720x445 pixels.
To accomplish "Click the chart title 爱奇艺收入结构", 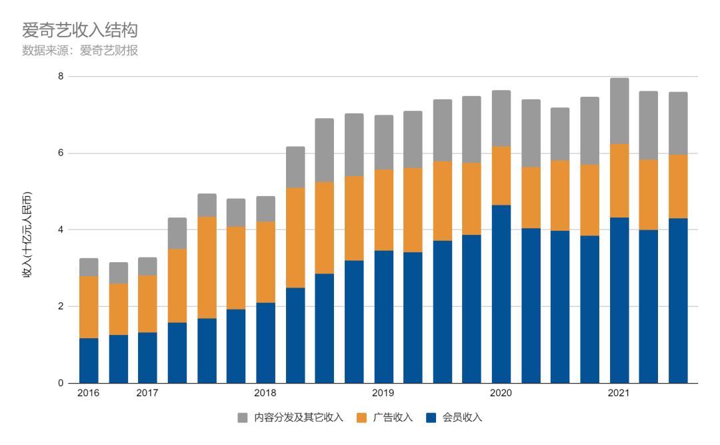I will (x=80, y=31).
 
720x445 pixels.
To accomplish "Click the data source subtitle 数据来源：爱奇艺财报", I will (x=80, y=50).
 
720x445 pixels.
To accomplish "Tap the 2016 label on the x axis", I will (x=89, y=393).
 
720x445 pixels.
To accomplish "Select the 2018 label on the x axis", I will (x=265, y=393).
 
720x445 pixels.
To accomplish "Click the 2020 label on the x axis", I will (x=501, y=393).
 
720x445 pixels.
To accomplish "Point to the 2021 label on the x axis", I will (x=619, y=393).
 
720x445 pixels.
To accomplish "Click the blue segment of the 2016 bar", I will (x=89, y=361).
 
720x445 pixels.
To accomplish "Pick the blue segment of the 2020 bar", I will (x=501, y=294).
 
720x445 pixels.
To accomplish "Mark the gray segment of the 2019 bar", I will (x=383, y=142).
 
